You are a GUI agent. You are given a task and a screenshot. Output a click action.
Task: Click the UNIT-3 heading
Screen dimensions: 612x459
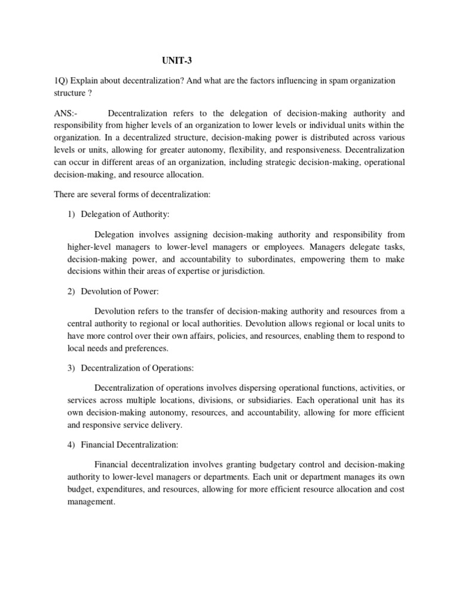[178, 60]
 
